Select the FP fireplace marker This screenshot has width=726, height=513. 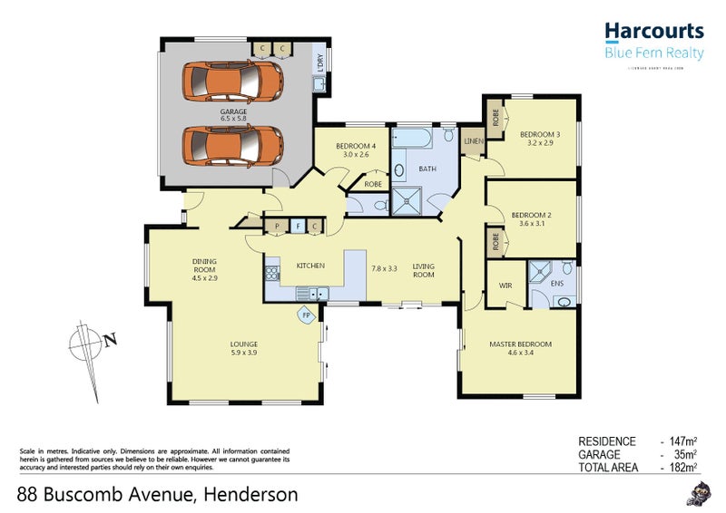307,315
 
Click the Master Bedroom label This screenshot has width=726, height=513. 520,344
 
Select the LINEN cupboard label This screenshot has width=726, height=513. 473,141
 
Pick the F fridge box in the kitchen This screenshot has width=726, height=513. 296,226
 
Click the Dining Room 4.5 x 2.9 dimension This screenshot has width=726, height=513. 204,278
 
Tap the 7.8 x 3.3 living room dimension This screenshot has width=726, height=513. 385,268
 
